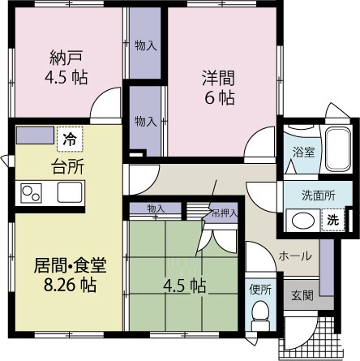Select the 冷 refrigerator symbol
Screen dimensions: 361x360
pos(69,139)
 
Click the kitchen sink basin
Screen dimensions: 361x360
pos(69,194)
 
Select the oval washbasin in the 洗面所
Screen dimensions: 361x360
pos(304,220)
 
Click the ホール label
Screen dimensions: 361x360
pos(294,256)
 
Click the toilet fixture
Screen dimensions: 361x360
pos(260,312)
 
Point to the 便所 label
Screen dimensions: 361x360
pos(260,289)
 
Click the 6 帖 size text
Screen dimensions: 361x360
pos(217,97)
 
